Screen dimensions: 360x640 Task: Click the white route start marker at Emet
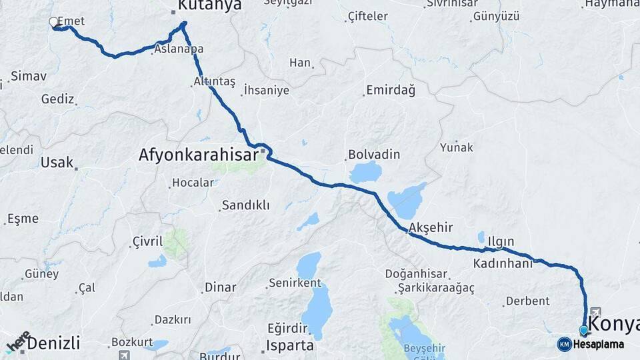[x=53, y=22]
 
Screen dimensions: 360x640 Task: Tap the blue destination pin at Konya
[x=584, y=330]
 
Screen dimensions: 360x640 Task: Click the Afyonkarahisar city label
[x=198, y=155]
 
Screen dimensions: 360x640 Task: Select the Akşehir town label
[x=431, y=227]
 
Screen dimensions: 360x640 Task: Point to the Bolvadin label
[x=374, y=155]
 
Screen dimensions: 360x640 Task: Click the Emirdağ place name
[x=391, y=90]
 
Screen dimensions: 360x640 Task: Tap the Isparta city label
[x=290, y=345]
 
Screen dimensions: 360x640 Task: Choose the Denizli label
[x=53, y=343]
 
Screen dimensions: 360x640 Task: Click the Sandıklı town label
[x=245, y=205]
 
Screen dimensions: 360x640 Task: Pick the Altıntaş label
[x=214, y=81]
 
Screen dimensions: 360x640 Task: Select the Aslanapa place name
[x=179, y=49]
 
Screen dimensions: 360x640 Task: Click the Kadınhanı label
[x=503, y=263]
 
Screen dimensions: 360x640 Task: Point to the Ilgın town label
[x=501, y=240]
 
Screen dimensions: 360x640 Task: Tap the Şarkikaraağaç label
[x=436, y=287]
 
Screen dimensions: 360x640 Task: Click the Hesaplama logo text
[x=598, y=344]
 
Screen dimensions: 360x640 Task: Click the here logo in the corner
[x=18, y=341]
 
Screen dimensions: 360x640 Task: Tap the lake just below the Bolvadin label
[x=365, y=172]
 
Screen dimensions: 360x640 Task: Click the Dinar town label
[x=220, y=287]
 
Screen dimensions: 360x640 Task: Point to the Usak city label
[x=57, y=162]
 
